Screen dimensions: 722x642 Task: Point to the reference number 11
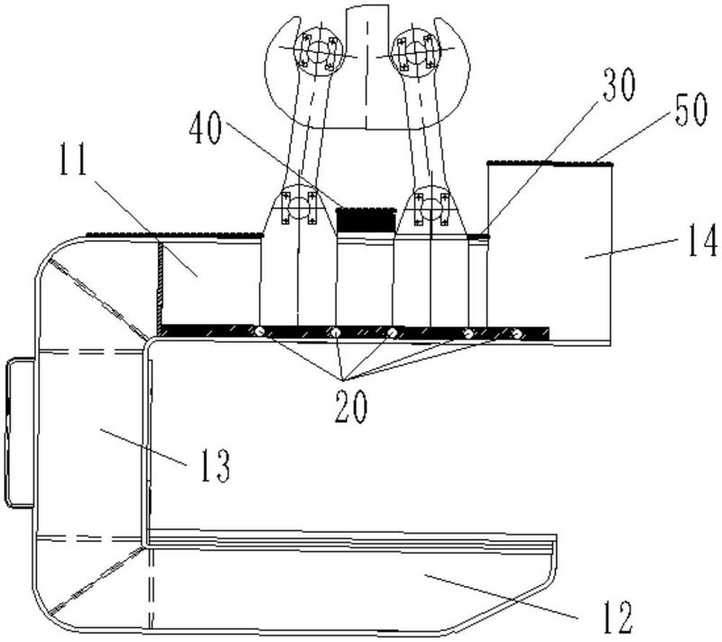point(73,160)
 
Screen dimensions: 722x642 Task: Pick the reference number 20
point(351,407)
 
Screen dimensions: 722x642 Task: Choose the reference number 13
point(215,465)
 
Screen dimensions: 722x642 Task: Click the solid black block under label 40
point(366,220)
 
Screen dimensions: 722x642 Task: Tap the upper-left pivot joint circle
point(317,51)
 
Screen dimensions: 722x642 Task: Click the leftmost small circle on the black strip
point(259,332)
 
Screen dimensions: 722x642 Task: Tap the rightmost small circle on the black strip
point(517,334)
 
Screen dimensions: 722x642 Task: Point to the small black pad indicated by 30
point(478,236)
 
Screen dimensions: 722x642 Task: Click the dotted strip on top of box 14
point(550,163)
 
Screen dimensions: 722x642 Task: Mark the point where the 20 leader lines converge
point(343,381)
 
